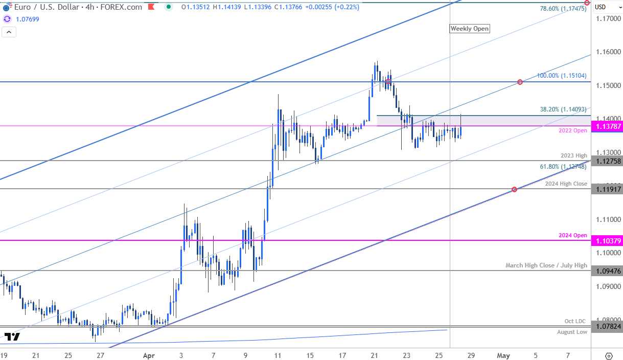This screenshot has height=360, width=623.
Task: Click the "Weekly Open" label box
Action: tap(469, 29)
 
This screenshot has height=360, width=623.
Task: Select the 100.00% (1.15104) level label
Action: tap(561, 76)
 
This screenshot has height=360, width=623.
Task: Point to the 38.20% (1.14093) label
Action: tap(563, 109)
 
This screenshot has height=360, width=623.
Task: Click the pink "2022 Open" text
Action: tap(573, 131)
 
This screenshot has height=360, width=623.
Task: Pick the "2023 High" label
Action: tap(574, 155)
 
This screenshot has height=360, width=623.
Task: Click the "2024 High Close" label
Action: tap(565, 184)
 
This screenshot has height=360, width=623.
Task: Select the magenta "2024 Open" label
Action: tap(572, 235)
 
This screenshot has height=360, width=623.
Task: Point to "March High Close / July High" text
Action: tap(546, 265)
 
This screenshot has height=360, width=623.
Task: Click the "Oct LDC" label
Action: tap(575, 321)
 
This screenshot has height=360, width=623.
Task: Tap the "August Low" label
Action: tap(572, 332)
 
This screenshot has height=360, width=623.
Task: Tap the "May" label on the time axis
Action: tap(504, 355)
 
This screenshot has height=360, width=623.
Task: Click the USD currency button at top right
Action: tap(601, 7)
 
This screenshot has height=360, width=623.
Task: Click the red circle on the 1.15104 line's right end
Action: tap(520, 82)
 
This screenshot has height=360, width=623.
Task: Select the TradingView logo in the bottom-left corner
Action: tap(12, 337)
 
